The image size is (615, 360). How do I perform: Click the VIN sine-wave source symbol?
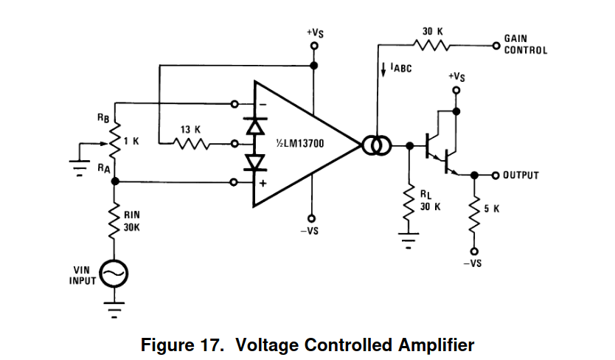tap(114, 275)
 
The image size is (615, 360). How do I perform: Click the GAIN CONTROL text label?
tap(525, 44)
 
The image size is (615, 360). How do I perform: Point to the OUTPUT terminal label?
tap(521, 176)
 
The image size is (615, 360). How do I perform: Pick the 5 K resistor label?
tap(492, 209)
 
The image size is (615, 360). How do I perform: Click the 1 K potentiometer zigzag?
tap(114, 142)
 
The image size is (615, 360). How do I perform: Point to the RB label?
tap(102, 117)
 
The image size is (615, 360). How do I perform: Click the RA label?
tap(103, 168)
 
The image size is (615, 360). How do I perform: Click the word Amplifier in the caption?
tap(432, 345)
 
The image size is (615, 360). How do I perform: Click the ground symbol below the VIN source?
tap(114, 308)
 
